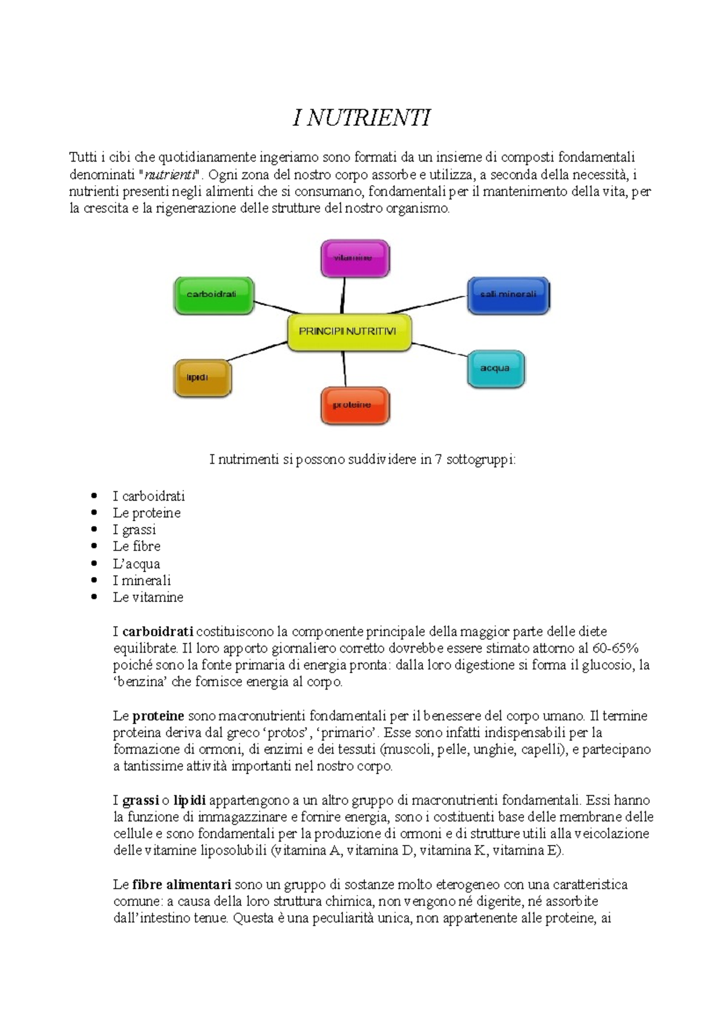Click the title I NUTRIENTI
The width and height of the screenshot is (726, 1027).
tap(362, 118)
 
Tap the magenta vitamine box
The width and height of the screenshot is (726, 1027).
tap(355, 258)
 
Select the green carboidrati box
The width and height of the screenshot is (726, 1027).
tap(214, 295)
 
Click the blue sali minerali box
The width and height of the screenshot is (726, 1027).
tap(508, 295)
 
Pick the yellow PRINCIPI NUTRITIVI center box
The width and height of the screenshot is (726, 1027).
tap(349, 332)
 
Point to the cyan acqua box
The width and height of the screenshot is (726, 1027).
tap(495, 368)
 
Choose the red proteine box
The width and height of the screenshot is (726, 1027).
tap(355, 405)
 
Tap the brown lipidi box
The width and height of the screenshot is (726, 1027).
tap(202, 378)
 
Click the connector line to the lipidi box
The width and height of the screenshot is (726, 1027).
tap(257, 351)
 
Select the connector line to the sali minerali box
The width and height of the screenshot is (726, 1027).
tap(439, 304)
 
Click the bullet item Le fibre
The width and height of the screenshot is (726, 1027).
tap(137, 546)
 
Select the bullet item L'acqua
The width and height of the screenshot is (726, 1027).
tap(136, 564)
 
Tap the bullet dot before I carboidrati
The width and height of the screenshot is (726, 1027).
tap(94, 496)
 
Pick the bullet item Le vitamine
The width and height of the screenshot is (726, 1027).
tap(148, 597)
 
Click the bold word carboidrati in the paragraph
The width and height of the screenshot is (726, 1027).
tap(158, 631)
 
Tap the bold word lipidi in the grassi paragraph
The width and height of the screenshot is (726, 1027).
tap(189, 800)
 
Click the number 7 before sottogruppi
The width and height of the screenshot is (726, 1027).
tap(438, 460)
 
